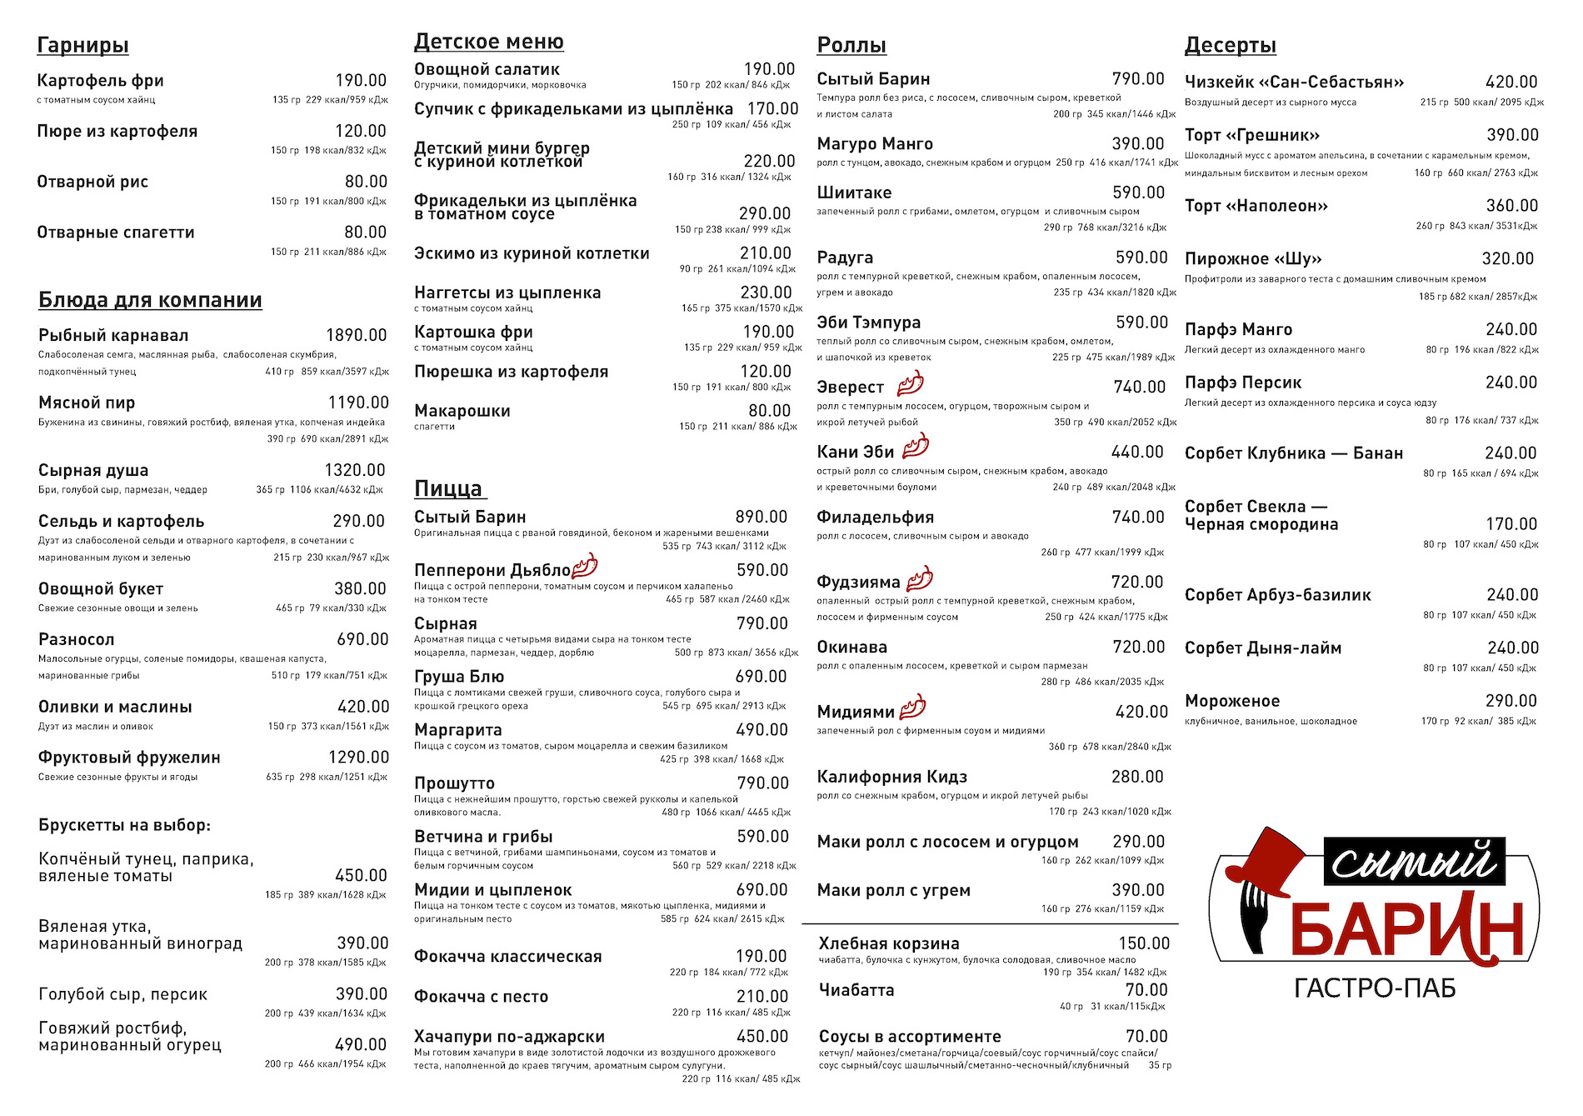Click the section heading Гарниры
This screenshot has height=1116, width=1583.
(x=82, y=45)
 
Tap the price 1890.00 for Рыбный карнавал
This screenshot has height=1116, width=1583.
(x=356, y=335)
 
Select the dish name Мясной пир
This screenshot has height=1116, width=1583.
(x=87, y=403)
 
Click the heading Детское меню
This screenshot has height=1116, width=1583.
(x=488, y=42)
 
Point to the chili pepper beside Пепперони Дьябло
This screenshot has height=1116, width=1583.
(x=585, y=566)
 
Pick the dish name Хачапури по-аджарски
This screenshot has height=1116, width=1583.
(x=509, y=1036)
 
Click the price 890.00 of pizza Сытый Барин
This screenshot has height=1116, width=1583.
(x=761, y=517)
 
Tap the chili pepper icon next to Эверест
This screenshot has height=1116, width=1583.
(x=910, y=383)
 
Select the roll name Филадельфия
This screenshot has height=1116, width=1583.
(x=875, y=518)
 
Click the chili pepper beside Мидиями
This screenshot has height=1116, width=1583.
(x=913, y=707)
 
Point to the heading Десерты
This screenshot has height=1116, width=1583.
(x=1230, y=45)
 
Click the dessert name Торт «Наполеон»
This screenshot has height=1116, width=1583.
(x=1256, y=206)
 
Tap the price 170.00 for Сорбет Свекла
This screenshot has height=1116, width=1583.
(x=1511, y=524)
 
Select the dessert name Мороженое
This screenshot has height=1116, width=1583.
(x=1231, y=702)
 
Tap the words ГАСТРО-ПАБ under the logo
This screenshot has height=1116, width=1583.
(x=1375, y=988)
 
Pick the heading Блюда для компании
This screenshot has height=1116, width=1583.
(x=150, y=300)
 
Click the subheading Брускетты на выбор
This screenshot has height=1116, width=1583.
(x=124, y=825)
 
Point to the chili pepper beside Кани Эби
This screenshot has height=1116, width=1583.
(x=916, y=447)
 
